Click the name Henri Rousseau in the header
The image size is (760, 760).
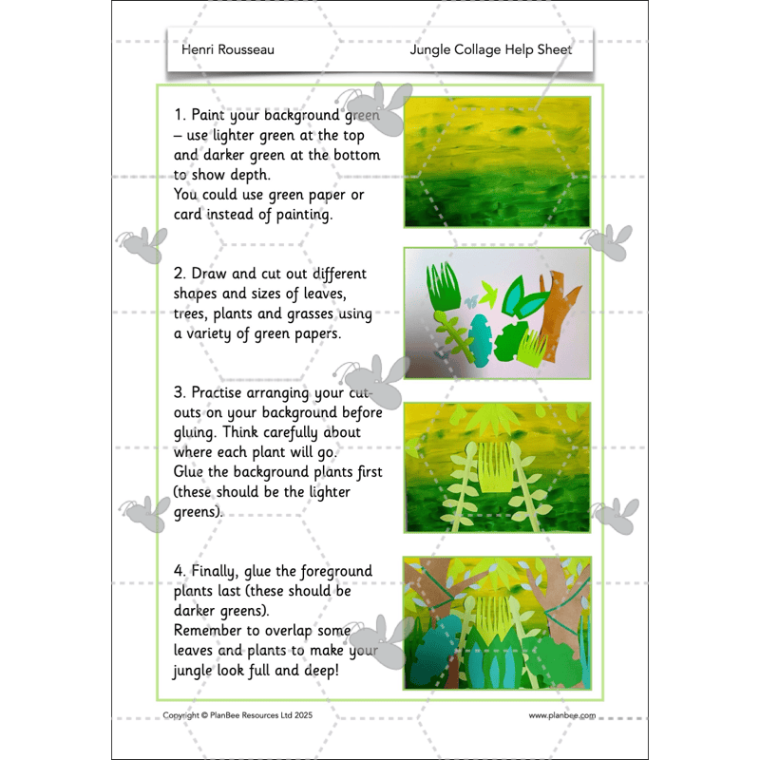(227, 49)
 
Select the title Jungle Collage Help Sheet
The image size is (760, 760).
(490, 49)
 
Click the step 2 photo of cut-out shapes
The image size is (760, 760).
(497, 313)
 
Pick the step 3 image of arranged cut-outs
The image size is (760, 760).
(497, 467)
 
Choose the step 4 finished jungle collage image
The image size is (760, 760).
(497, 622)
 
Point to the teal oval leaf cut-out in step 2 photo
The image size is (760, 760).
(481, 341)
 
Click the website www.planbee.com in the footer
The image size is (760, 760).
(562, 715)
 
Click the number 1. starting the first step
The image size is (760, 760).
(180, 115)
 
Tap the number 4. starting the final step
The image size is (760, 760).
(180, 571)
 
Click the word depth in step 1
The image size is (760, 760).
(248, 175)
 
